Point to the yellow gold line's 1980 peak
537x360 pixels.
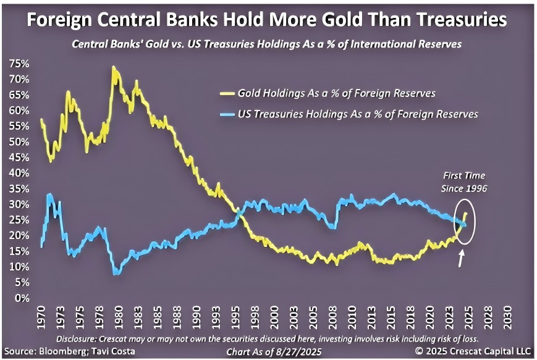point(113,67)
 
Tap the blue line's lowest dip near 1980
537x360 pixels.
point(116,272)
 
